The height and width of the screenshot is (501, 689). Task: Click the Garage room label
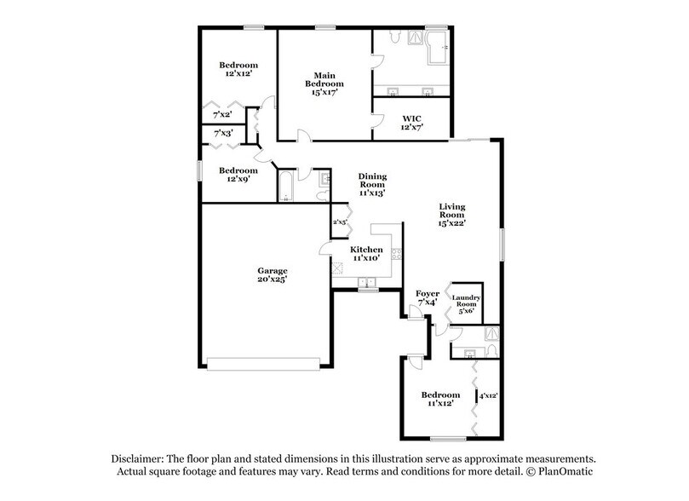(x=267, y=270)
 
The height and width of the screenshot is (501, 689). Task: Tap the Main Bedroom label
(x=325, y=78)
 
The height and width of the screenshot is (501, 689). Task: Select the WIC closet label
(x=411, y=118)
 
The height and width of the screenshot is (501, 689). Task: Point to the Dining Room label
(x=371, y=179)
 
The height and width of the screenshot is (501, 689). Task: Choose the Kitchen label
(x=367, y=250)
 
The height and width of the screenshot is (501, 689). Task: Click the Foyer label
(x=427, y=294)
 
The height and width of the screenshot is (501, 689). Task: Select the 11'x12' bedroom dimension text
(x=440, y=404)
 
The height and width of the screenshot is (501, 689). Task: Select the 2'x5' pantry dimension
(x=340, y=222)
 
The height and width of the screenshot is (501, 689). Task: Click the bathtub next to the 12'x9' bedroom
(x=286, y=187)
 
